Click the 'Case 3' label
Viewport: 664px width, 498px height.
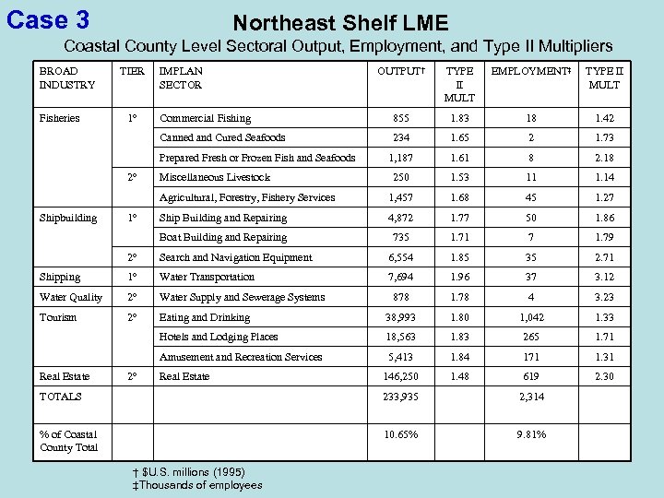[47, 18]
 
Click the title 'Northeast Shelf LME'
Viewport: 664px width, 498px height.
[340, 22]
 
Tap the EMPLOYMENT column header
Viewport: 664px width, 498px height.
[530, 71]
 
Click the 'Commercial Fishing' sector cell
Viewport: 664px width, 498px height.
[205, 118]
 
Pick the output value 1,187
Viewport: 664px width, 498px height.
[400, 158]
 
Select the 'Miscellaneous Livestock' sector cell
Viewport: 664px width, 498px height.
[215, 177]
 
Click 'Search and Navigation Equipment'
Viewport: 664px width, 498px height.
[235, 257]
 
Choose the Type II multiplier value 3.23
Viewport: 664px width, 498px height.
[604, 297]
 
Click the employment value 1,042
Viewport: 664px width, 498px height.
[530, 317]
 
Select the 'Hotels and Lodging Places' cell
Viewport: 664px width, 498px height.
[219, 337]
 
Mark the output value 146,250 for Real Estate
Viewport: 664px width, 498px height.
[400, 376]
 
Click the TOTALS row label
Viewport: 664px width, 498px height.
[60, 397]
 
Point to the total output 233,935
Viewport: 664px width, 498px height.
[400, 397]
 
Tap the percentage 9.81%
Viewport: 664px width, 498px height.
[530, 434]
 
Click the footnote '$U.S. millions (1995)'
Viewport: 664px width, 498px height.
[193, 472]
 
